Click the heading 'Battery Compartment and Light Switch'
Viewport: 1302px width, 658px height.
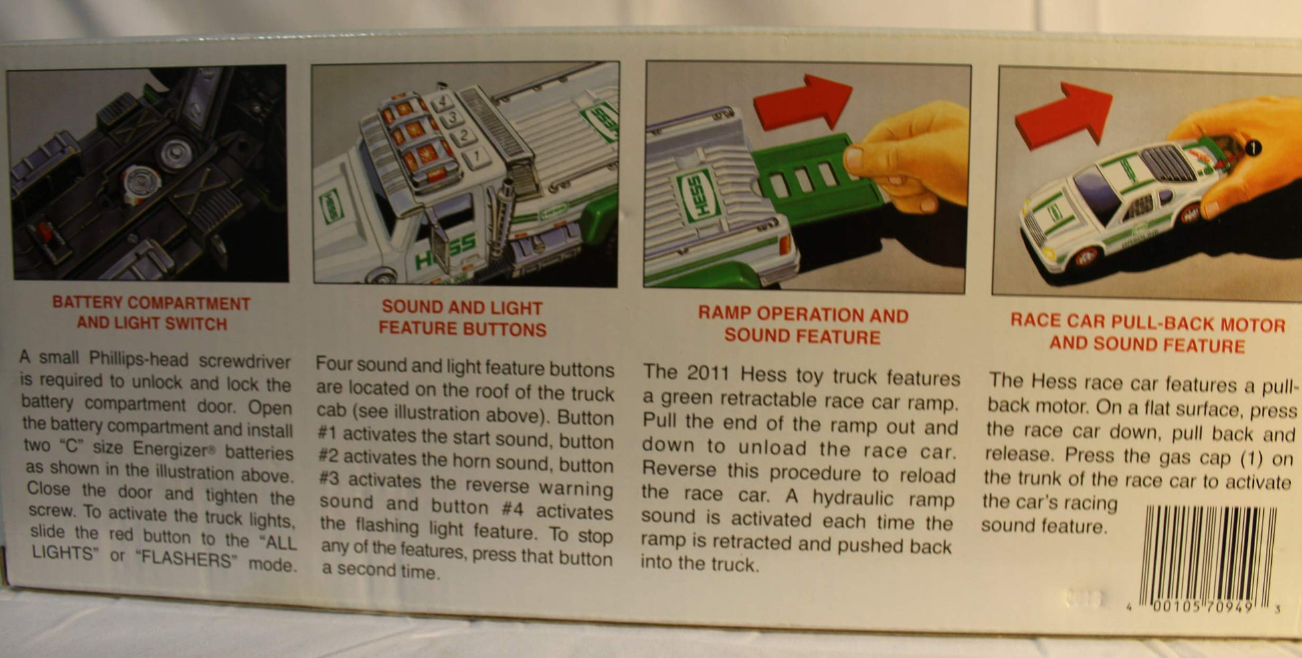(152, 313)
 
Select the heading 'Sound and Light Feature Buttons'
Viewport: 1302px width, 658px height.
(462, 318)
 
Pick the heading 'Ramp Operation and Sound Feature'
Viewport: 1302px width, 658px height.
(803, 325)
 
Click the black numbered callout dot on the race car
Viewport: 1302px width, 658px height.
(1252, 147)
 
